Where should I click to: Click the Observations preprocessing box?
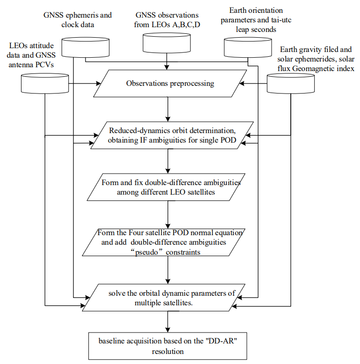pyautogui.click(x=170, y=84)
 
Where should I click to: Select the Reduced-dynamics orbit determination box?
pyautogui.click(x=170, y=135)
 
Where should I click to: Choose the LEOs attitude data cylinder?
pyautogui.click(x=45, y=83)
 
